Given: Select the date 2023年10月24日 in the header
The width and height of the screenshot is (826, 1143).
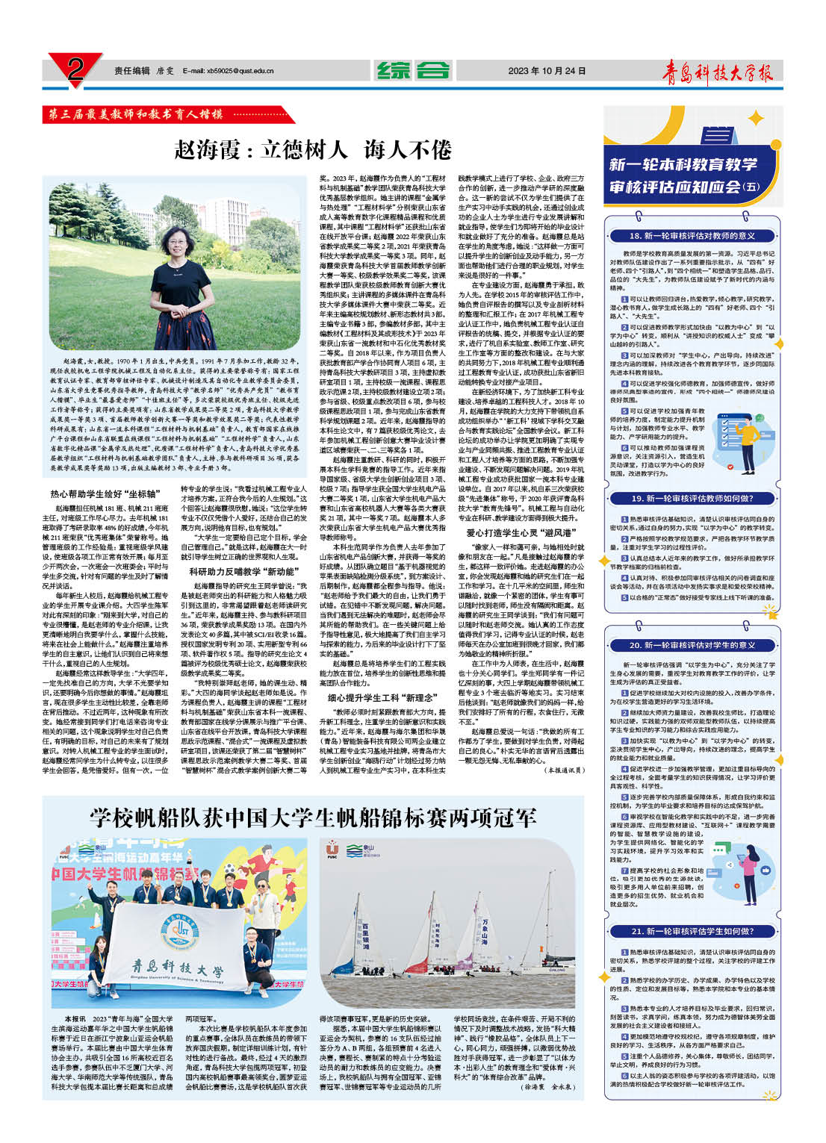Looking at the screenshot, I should click(x=547, y=71).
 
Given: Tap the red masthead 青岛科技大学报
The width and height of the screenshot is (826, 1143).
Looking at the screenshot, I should click(x=718, y=72).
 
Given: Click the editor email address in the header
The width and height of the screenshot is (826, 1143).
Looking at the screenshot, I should click(x=227, y=71).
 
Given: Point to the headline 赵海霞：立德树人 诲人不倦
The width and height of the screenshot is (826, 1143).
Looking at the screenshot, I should click(x=313, y=149).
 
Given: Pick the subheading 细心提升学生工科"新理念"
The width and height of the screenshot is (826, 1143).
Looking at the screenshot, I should click(x=382, y=697).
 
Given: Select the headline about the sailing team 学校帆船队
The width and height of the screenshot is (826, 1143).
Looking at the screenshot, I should click(x=313, y=816).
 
